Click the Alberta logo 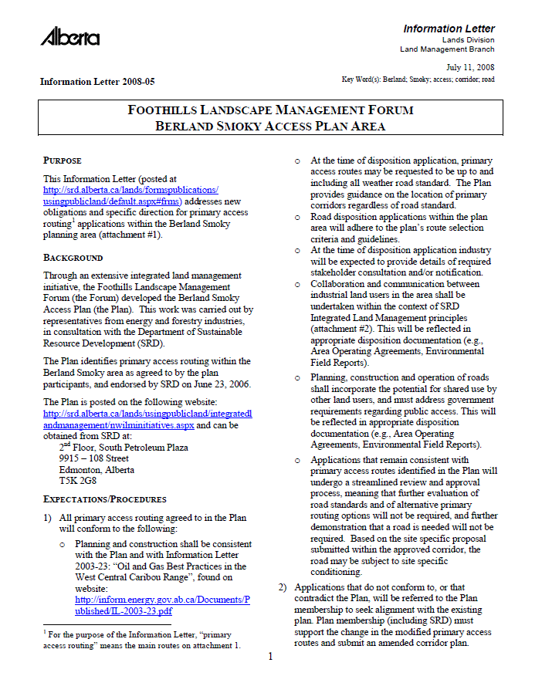tap(69, 37)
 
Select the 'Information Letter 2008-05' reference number tap(97, 81)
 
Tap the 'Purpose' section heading tap(63, 161)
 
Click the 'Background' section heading tap(73, 257)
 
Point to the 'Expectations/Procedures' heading tap(105, 499)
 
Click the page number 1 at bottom tap(270, 657)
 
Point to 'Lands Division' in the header tap(468, 39)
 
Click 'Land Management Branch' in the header tap(447, 49)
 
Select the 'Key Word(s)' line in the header tap(418, 79)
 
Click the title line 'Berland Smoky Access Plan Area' tap(270, 126)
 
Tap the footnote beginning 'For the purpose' tap(142, 639)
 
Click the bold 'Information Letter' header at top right tap(449, 29)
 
